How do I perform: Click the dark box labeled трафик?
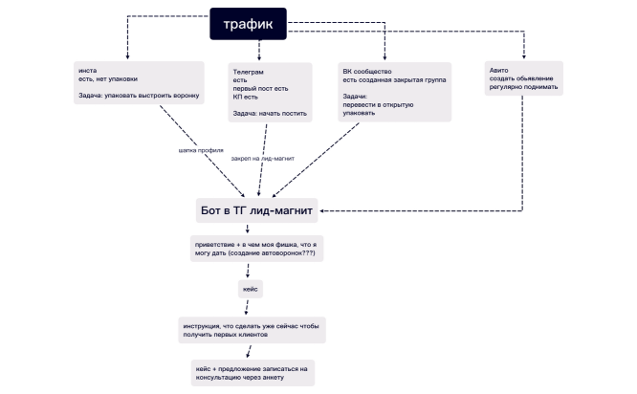coord(249,24)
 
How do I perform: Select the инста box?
coord(139,83)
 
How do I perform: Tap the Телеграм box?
coord(270,92)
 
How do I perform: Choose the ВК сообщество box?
coord(394,92)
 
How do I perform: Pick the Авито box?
coord(523,78)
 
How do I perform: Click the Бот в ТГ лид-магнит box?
coord(256,210)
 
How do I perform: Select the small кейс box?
coord(251,289)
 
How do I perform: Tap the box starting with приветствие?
coord(256,249)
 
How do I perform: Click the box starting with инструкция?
coord(252,330)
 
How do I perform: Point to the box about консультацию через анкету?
coord(253,373)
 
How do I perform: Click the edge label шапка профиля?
coord(201,150)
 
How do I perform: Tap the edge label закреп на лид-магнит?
coord(262,159)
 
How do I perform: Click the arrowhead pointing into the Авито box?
coord(523,56)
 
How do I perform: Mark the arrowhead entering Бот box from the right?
coord(321,210)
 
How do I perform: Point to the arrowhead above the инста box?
coord(127,56)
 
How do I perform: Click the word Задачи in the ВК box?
coord(355,97)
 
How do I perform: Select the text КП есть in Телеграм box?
coord(246,98)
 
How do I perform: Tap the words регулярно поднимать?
coord(523,87)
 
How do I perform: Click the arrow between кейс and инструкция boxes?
coord(247,308)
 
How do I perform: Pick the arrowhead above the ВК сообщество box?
coord(384,57)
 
